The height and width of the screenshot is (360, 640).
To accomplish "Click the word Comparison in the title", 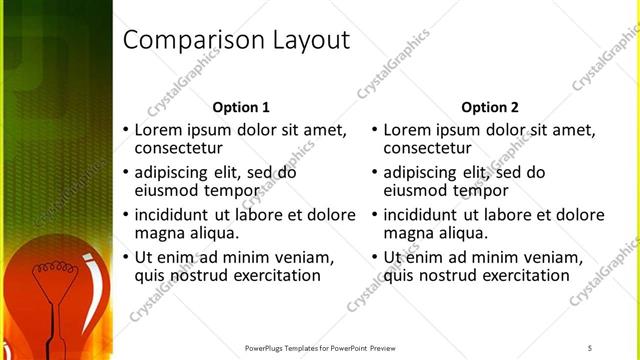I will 185,40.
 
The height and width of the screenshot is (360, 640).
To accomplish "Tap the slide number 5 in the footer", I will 590,347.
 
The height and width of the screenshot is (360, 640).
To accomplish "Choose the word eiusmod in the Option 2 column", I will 416,190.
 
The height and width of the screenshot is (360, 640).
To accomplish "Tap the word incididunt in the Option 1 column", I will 172,215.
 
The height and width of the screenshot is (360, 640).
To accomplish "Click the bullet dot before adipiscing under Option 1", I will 125,172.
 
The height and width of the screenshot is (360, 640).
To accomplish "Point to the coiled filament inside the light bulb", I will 50,271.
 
